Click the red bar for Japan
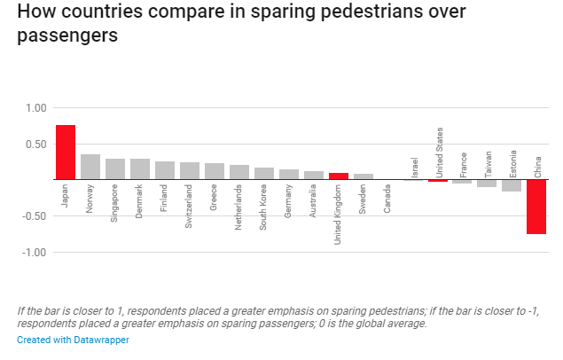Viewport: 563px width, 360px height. (x=66, y=153)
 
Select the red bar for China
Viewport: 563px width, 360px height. (x=536, y=207)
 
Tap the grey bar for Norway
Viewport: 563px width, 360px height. (x=90, y=167)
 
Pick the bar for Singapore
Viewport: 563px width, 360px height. (x=115, y=169)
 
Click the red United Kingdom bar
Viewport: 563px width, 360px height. (x=339, y=176)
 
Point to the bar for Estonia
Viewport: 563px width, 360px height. (x=512, y=185)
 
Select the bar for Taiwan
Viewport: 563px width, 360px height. (x=487, y=184)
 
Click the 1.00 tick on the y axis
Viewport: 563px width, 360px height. (x=35, y=108)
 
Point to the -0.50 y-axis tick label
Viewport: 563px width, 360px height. (x=34, y=216)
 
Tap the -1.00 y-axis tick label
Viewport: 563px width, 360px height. (x=34, y=253)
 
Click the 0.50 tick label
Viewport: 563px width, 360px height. (x=35, y=145)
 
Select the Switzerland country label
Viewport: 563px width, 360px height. (x=190, y=207)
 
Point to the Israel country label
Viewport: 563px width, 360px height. (x=413, y=167)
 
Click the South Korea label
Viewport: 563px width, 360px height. (x=264, y=207)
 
